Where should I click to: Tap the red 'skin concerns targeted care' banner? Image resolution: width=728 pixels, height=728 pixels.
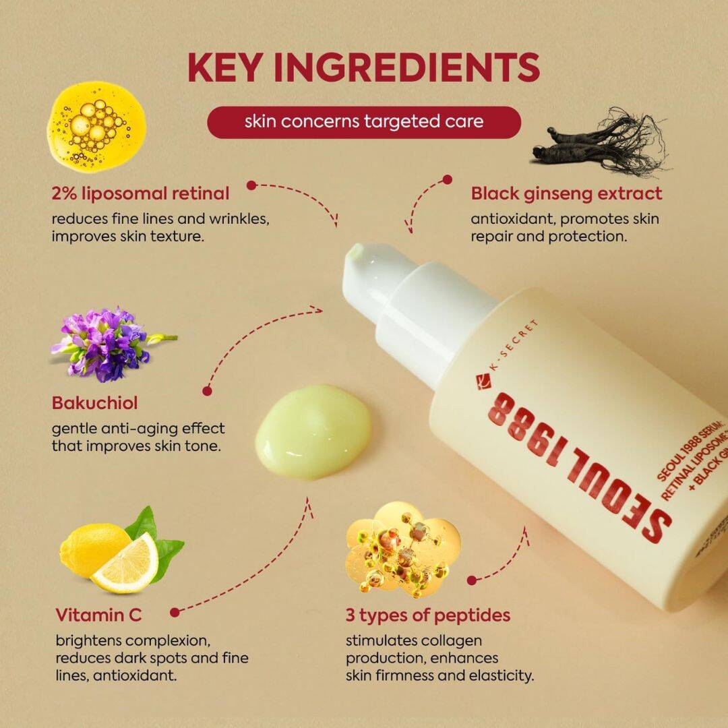(363, 122)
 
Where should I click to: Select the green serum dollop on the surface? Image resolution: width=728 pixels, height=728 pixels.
(313, 430)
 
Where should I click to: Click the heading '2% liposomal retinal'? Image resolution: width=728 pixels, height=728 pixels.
(140, 193)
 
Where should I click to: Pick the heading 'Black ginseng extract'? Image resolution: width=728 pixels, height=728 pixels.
(566, 193)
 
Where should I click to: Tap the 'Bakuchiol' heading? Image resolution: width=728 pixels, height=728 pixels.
(94, 403)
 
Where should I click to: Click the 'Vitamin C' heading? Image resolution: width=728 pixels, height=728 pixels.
(98, 615)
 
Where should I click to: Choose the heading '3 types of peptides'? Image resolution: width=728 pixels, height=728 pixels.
(427, 615)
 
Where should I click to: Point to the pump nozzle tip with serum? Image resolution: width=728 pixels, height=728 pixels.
(356, 255)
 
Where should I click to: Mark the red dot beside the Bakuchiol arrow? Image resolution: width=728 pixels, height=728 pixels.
(207, 390)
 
